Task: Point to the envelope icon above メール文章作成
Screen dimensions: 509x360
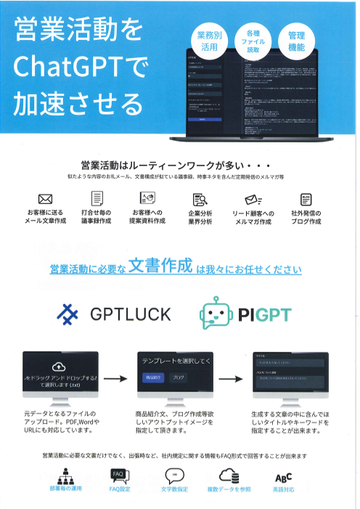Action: click(45, 198)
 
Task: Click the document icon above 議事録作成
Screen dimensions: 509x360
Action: click(97, 198)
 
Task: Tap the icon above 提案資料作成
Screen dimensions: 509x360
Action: click(149, 198)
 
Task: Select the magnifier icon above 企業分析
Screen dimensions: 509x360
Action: click(200, 198)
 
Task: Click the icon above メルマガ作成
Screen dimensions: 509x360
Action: click(252, 198)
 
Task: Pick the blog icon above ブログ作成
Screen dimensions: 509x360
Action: click(306, 198)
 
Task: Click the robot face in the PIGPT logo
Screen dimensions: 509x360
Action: click(215, 314)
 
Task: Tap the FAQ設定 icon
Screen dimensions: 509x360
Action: click(119, 476)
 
